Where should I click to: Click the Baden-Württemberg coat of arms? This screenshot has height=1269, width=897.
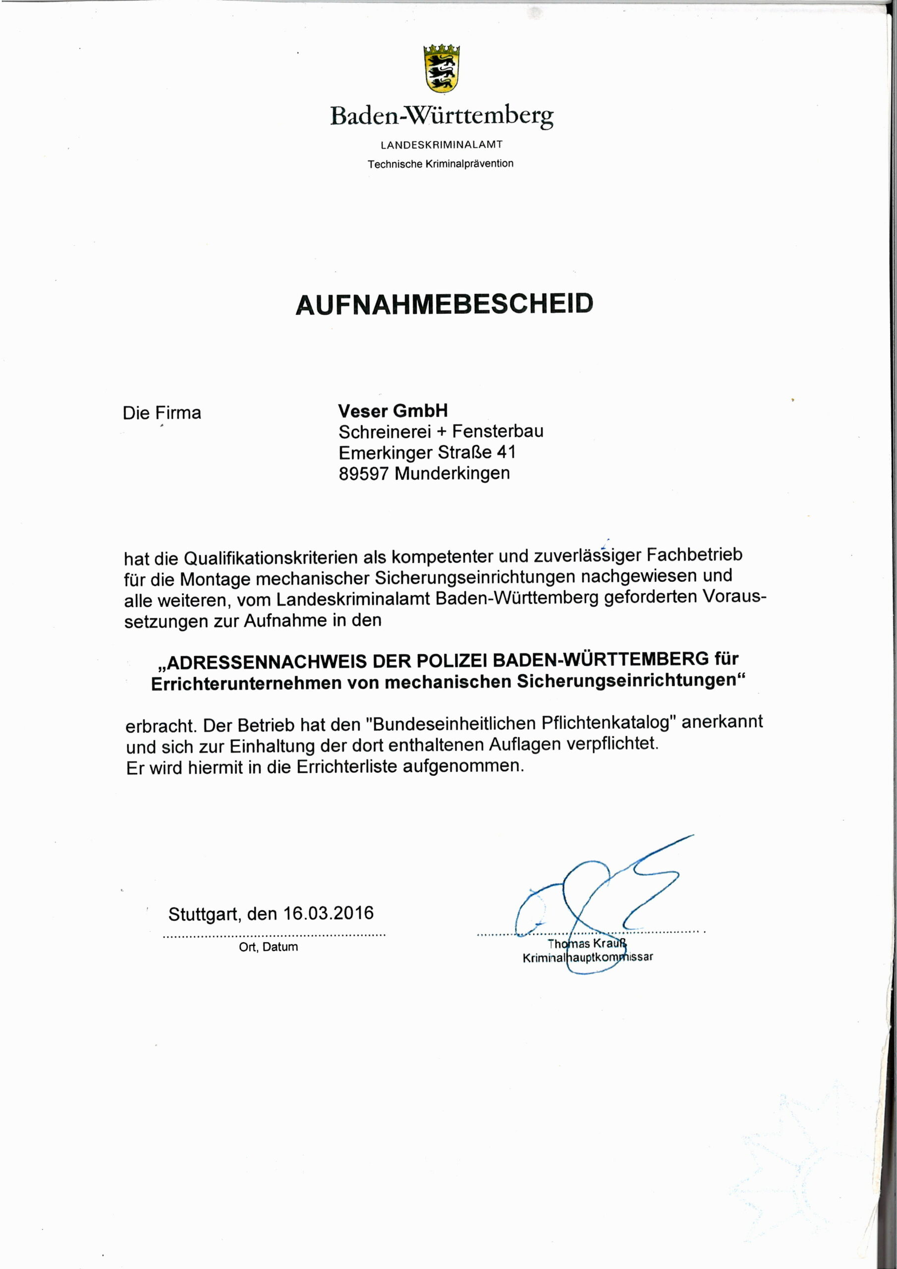pos(442,68)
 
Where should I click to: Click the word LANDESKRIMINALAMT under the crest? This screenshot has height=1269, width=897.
pos(442,145)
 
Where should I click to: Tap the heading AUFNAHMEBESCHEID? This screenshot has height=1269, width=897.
pos(445,304)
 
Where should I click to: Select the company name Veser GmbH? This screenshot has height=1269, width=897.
pos(393,410)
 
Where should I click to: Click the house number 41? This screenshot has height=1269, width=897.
pos(505,453)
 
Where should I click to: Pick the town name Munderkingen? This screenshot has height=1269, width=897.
pos(452,474)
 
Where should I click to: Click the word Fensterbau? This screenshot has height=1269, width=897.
pos(498,431)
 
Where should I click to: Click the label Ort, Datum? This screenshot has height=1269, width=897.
pos(269,947)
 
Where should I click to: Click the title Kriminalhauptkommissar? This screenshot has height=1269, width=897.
pos(587,958)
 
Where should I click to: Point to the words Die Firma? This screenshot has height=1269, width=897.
pos(162,413)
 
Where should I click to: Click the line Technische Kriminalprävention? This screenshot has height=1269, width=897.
pos(441,164)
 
